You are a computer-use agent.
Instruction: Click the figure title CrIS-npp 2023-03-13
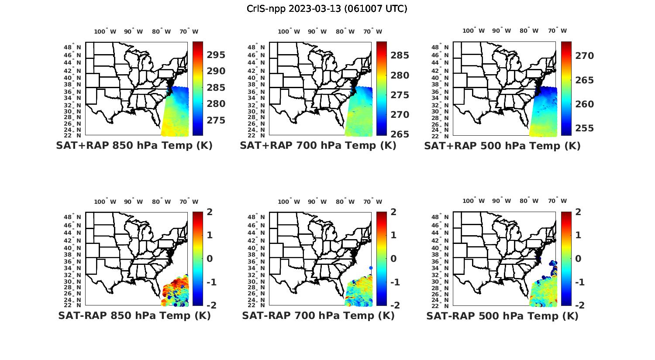327,9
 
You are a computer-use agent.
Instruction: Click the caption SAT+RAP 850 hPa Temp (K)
134,146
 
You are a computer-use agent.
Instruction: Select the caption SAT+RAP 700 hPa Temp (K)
318,146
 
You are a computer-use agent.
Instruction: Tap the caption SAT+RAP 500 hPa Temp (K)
502,146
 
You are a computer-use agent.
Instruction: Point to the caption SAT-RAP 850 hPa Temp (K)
134,315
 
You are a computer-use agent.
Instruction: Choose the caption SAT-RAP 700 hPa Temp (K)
318,315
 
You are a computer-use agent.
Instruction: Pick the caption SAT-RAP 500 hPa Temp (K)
502,315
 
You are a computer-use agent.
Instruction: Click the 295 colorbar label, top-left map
216,55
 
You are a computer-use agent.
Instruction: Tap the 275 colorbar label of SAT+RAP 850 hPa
216,120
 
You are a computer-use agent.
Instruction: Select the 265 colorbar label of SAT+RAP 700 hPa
400,134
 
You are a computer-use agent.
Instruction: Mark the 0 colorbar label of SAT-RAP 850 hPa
209,258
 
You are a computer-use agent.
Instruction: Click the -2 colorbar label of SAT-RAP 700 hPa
392,305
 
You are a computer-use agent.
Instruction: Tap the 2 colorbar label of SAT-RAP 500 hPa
578,213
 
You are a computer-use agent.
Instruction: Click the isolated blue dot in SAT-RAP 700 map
371,268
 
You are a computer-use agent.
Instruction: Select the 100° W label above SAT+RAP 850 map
105,31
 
